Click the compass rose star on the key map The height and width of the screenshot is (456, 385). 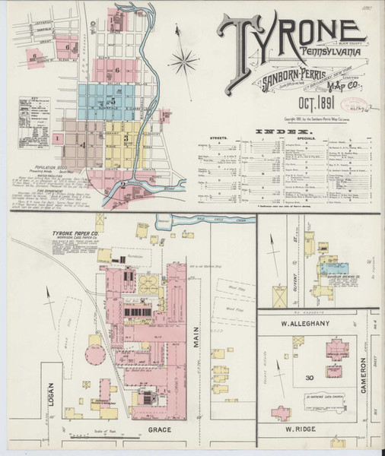(184, 59)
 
